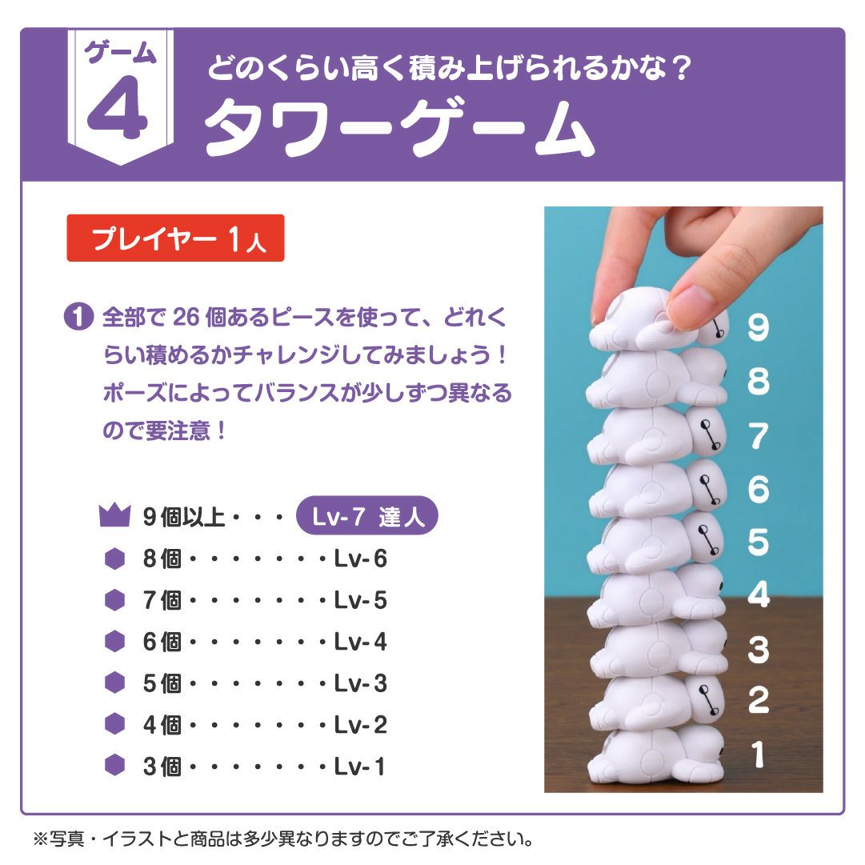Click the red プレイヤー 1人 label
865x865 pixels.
175,238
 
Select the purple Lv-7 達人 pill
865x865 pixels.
367,517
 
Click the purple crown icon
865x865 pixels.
114,516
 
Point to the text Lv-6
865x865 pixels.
361,559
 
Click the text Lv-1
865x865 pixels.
361,767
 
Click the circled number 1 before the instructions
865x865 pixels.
78,318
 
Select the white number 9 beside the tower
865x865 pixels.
758,328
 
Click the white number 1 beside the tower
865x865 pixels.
758,755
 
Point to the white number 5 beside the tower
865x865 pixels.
758,542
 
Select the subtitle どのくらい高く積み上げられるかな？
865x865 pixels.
449,67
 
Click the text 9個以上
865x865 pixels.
184,517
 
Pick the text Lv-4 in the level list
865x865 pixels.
361,642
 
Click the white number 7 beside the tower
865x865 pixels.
758,436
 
